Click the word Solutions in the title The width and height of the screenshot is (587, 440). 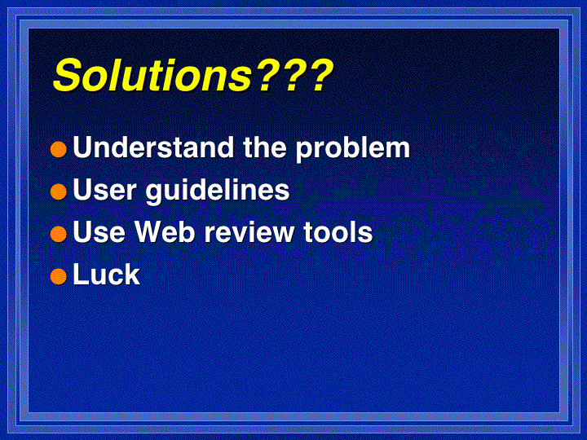pos(152,75)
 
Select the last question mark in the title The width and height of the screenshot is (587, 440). pos(320,75)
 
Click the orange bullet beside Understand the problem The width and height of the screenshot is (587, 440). pos(59,149)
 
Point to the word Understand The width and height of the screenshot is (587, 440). pos(153,147)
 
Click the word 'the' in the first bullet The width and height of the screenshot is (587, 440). pos(266,147)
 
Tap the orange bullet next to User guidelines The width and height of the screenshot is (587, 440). pos(59,191)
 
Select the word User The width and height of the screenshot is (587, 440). pos(104,190)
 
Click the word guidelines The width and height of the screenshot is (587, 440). pos(217,191)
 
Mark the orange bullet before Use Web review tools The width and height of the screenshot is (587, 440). pos(59,234)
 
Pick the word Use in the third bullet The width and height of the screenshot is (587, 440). pos(99,232)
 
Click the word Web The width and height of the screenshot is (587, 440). pos(165,232)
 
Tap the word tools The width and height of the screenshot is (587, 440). pos(338,232)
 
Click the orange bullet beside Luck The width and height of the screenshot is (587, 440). pos(59,276)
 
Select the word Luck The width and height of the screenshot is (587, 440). pos(106,275)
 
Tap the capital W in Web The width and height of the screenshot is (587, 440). pos(150,232)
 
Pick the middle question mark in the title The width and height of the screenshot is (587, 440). pos(293,75)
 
